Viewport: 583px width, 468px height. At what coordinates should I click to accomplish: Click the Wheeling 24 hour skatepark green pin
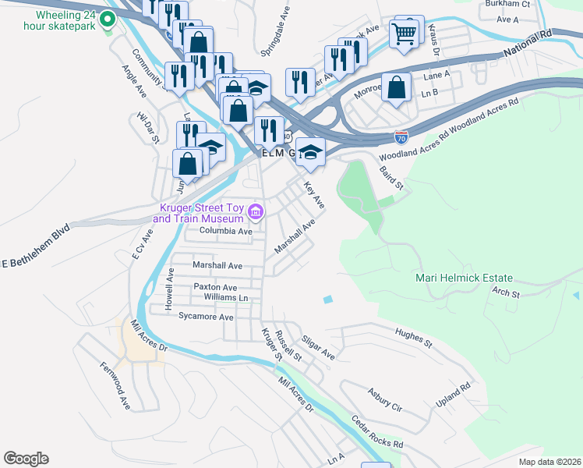click(109, 19)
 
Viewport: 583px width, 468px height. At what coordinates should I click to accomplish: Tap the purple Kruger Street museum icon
click(255, 211)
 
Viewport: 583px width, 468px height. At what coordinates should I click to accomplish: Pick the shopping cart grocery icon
click(405, 33)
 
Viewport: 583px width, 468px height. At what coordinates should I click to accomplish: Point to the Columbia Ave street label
click(225, 232)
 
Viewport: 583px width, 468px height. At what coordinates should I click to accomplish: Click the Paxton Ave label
click(215, 287)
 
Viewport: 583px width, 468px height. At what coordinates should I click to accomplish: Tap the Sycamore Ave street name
click(206, 317)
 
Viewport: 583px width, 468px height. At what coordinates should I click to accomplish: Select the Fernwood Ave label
click(114, 386)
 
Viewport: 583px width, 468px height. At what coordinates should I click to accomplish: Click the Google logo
click(26, 459)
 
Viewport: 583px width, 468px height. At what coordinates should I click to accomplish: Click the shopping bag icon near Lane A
click(397, 87)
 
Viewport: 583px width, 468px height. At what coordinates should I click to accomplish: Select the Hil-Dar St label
click(147, 128)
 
